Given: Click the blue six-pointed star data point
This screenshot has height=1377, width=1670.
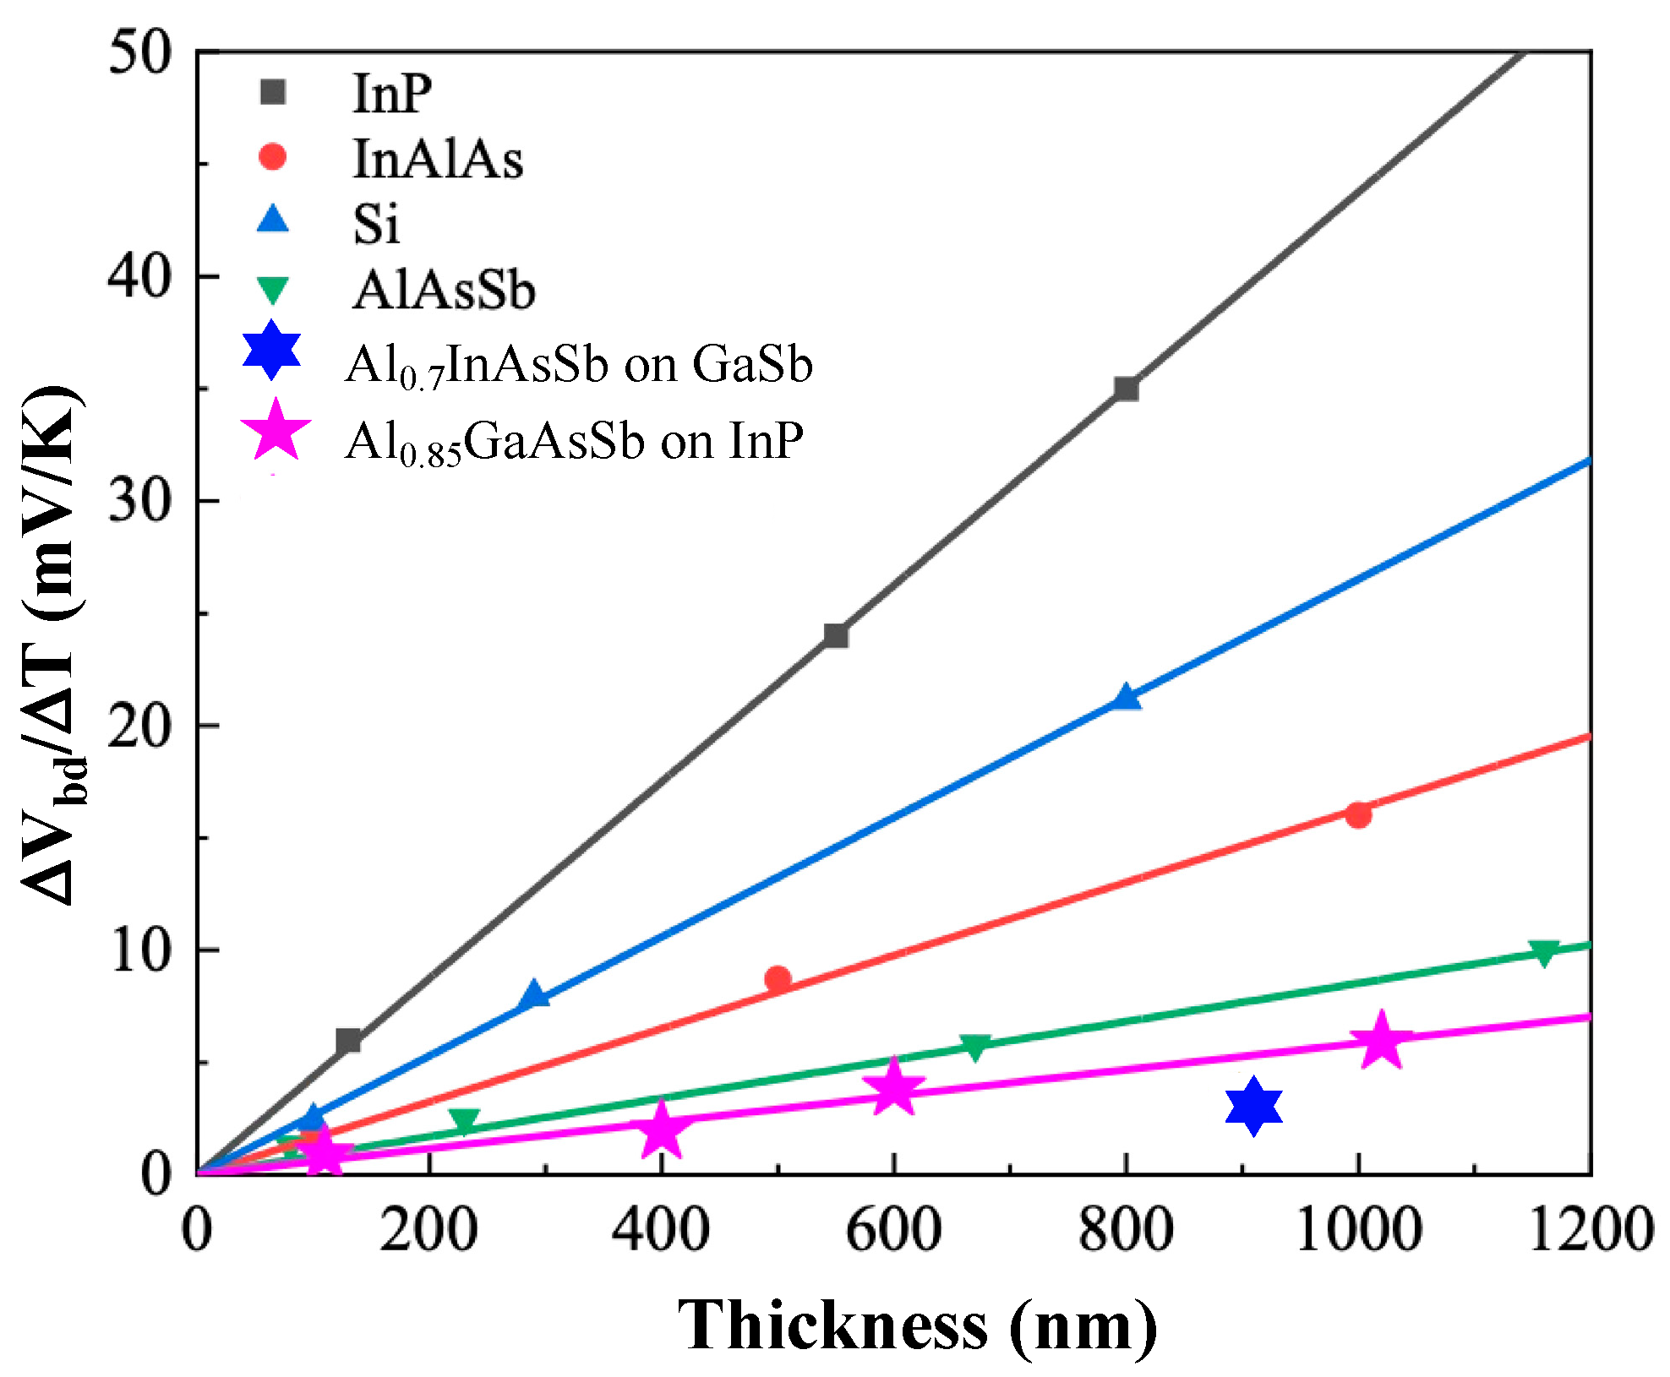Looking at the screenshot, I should [x=1253, y=1106].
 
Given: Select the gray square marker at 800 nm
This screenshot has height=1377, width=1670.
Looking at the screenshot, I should [x=1126, y=389].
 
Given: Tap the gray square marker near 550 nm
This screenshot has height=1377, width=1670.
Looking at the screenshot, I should [x=836, y=635].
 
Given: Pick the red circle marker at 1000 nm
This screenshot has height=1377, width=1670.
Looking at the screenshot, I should [x=1358, y=814].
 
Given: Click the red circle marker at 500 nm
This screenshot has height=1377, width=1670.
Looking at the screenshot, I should [x=778, y=979].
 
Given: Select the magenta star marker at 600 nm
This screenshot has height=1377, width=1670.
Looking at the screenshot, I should [x=893, y=1089].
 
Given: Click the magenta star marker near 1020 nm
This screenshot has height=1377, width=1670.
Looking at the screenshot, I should [x=1381, y=1041].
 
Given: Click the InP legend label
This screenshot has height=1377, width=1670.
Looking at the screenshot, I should [x=391, y=93].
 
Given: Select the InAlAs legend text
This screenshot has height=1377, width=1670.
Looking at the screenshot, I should [x=437, y=159].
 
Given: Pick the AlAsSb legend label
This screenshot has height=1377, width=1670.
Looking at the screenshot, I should [x=444, y=291].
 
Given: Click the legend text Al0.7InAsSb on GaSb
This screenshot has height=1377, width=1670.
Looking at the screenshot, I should [x=579, y=366].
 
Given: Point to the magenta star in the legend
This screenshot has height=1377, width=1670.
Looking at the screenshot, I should [x=276, y=432].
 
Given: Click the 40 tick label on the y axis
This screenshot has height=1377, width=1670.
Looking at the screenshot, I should [x=140, y=276].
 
